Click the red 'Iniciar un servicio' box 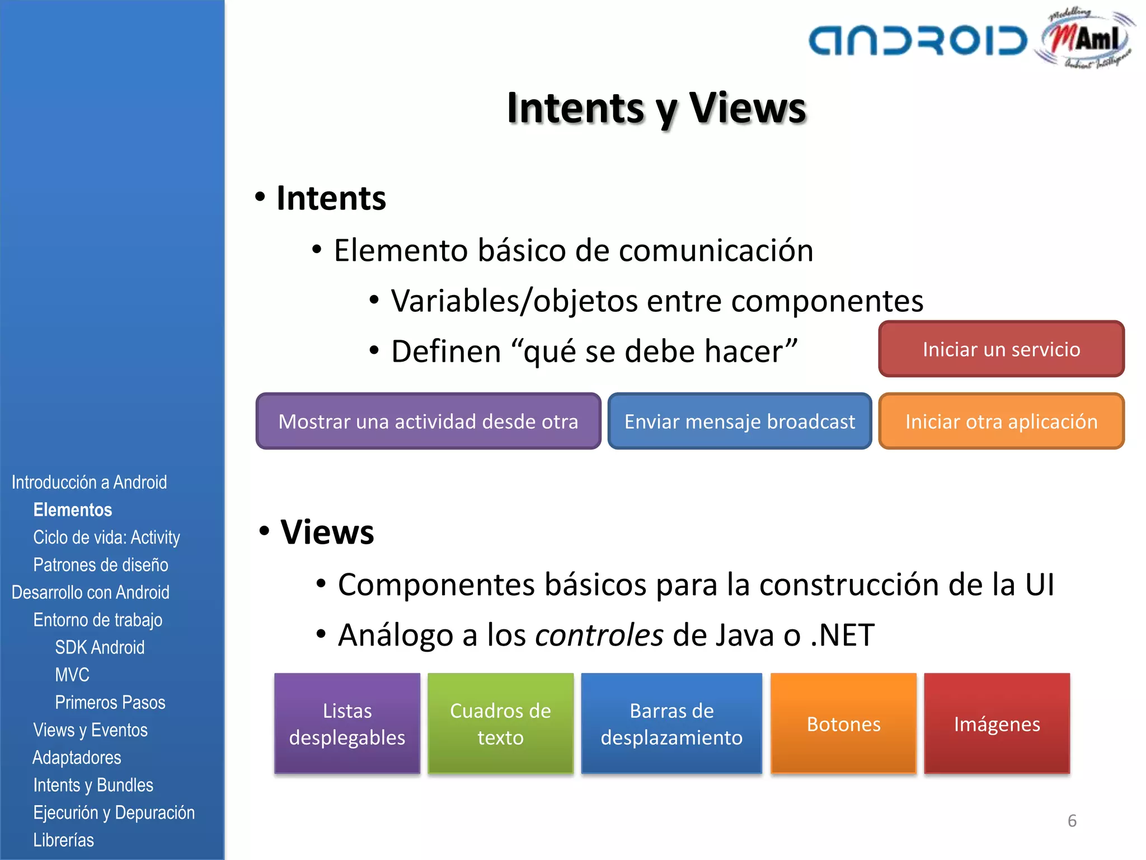[x=1001, y=349]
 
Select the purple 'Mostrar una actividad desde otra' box [x=428, y=421]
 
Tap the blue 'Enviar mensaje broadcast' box [x=739, y=421]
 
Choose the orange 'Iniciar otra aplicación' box [x=1001, y=421]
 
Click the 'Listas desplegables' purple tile [x=347, y=723]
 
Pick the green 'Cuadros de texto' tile [x=500, y=723]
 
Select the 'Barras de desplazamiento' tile [x=671, y=723]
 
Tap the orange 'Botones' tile [x=843, y=723]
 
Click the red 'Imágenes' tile [x=997, y=723]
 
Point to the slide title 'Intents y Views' [x=656, y=107]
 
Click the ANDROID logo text [x=918, y=40]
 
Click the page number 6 [x=1072, y=821]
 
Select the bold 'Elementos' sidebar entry [x=73, y=510]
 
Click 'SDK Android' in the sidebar [x=100, y=647]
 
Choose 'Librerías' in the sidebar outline [x=63, y=840]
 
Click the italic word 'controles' [x=599, y=635]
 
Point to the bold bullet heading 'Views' [x=327, y=532]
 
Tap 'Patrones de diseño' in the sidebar [x=101, y=564]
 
